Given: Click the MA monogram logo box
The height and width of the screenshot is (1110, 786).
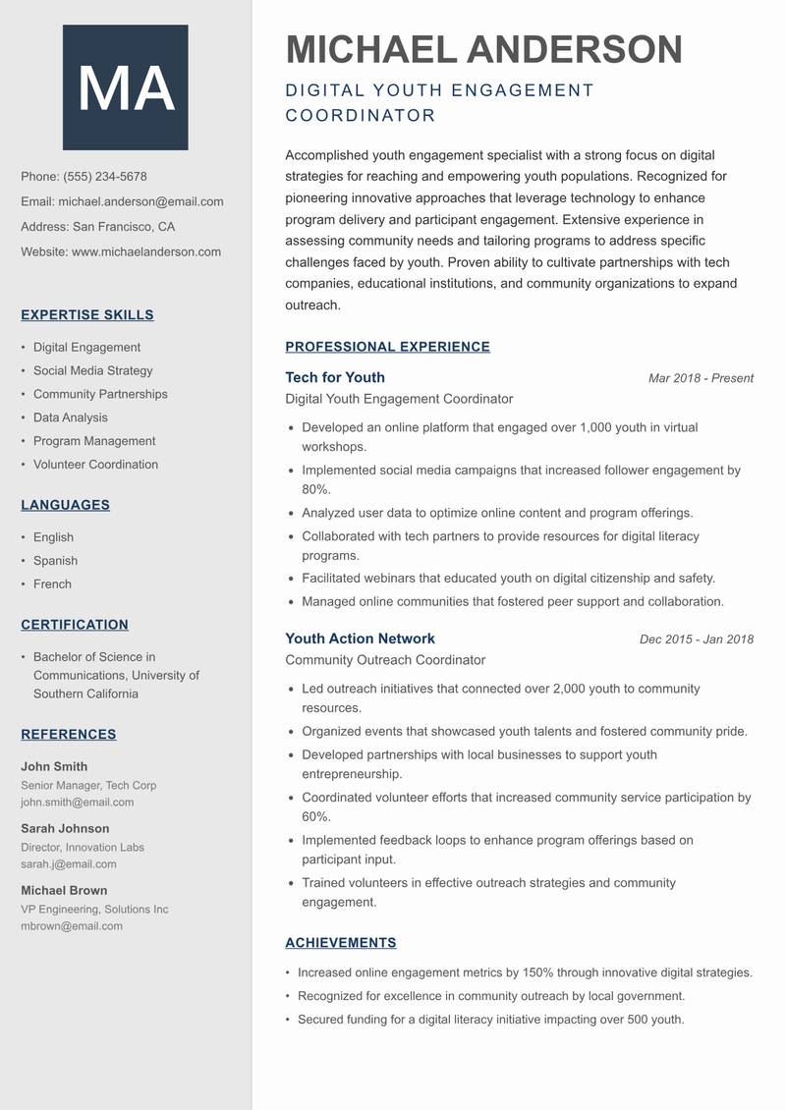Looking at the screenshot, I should (x=125, y=87).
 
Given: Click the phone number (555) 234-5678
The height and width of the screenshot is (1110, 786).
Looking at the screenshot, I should (x=105, y=177).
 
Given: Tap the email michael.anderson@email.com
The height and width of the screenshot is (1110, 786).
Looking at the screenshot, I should (x=140, y=201).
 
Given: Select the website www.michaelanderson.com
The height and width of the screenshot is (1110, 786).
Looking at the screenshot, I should (x=146, y=251).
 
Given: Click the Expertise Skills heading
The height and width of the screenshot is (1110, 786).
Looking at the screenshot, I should (x=87, y=315).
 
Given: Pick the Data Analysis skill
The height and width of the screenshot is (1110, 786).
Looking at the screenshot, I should (x=71, y=417).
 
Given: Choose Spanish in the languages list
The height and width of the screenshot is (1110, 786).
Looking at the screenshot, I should (x=55, y=561).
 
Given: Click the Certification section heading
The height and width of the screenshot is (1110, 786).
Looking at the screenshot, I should (x=75, y=625).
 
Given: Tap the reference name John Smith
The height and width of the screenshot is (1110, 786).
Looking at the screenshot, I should (x=54, y=766).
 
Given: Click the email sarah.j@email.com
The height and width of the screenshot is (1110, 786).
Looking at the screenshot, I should (x=69, y=864).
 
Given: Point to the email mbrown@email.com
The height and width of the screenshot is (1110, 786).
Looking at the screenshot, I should (x=72, y=926).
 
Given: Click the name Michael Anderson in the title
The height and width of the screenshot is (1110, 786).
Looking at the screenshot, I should (x=483, y=49).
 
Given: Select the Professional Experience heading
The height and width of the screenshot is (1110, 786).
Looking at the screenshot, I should (x=387, y=347).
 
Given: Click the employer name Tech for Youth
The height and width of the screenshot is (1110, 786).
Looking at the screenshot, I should (x=335, y=377).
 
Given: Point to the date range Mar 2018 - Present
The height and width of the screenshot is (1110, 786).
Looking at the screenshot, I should (x=701, y=378).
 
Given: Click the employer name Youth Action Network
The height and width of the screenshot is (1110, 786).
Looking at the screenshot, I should (x=360, y=638).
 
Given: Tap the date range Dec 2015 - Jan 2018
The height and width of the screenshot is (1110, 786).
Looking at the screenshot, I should (x=696, y=639).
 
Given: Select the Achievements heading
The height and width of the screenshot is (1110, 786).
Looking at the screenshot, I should (x=340, y=943).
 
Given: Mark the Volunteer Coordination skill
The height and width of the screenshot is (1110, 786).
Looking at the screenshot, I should (x=95, y=465).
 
